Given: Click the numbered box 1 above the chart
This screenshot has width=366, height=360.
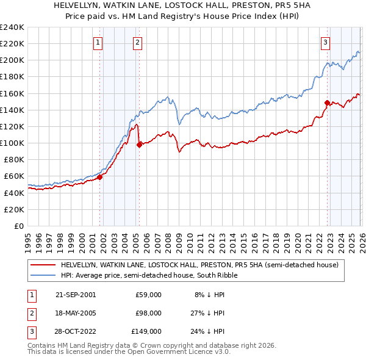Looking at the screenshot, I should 98,42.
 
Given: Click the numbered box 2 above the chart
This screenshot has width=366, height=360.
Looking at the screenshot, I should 138,42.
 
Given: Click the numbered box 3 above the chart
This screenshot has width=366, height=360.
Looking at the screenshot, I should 326,42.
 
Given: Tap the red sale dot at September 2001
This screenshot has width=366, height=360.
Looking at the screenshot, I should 100,177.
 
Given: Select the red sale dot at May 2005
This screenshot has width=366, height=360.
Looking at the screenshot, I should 140,145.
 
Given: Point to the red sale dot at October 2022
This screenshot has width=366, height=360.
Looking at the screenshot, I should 328,103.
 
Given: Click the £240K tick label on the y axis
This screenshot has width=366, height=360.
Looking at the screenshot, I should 12,27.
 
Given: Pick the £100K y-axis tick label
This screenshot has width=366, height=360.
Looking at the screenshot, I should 12,143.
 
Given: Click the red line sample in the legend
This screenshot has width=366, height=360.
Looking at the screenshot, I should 43,265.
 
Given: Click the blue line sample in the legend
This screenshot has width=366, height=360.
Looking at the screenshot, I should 43,275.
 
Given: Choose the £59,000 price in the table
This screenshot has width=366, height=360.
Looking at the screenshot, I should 148,295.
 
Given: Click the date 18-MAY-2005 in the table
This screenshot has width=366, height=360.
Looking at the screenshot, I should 75,313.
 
